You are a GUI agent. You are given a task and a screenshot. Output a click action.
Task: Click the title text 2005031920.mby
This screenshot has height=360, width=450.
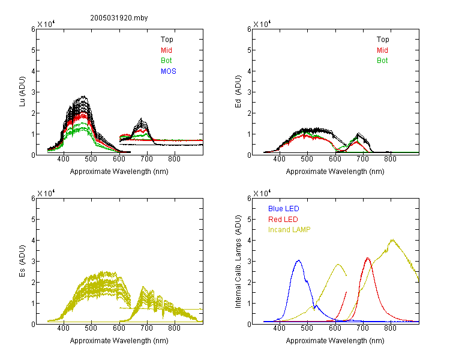tap(119, 18)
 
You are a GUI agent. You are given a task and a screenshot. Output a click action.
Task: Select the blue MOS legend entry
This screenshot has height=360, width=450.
tap(168, 71)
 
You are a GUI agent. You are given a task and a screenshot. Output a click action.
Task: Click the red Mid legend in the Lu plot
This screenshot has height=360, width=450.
tap(166, 50)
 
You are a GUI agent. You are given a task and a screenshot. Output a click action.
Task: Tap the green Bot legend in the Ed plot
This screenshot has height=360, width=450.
tap(382, 61)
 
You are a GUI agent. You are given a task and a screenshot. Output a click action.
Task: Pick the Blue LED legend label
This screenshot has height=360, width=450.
tap(284, 209)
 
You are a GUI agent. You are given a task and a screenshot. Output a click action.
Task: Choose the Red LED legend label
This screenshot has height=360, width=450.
tap(283, 220)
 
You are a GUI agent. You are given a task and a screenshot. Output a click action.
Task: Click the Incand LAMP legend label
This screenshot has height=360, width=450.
tap(289, 230)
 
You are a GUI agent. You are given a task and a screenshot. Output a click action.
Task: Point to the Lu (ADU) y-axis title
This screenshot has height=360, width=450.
tap(22, 92)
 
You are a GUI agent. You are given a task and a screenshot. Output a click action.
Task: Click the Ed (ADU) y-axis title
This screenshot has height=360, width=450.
tap(238, 92)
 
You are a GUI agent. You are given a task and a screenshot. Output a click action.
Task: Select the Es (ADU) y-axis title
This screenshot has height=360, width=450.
tap(22, 261)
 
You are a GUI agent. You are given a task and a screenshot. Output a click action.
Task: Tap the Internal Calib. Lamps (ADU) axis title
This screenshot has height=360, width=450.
tap(238, 262)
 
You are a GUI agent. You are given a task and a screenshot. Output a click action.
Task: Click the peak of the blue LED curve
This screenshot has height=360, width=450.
tap(299, 260)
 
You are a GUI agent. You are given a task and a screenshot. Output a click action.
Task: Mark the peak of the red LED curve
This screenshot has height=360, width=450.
tap(368, 258)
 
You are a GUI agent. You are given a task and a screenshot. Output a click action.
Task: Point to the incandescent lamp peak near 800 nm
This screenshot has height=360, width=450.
tap(392, 240)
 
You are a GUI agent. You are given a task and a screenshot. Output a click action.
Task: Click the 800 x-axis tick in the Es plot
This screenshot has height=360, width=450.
tap(174, 328)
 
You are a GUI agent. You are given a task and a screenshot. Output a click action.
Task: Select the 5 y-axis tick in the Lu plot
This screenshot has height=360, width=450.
tap(33, 50)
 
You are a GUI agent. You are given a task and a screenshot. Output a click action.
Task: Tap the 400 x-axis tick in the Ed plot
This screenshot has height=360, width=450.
tap(279, 159)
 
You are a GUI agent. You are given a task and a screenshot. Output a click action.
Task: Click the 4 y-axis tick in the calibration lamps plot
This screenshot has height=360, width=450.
tap(249, 241)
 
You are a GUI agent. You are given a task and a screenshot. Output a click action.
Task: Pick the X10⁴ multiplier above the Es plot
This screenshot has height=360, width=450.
tap(46, 193)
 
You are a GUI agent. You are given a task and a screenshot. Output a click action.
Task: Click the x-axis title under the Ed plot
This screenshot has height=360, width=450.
tap(335, 172)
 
